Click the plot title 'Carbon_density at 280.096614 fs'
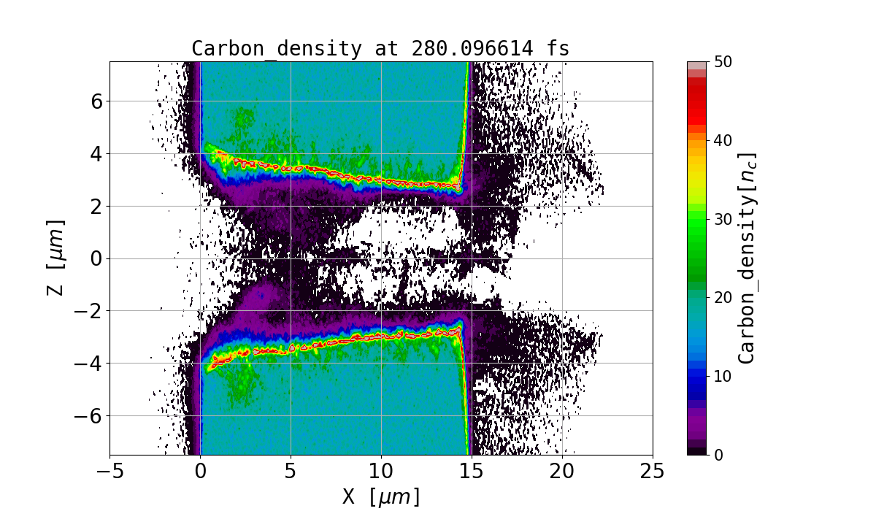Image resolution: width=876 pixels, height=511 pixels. point(380,49)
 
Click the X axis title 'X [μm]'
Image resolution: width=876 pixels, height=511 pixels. point(381,497)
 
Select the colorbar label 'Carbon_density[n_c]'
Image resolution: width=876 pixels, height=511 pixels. point(745,258)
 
